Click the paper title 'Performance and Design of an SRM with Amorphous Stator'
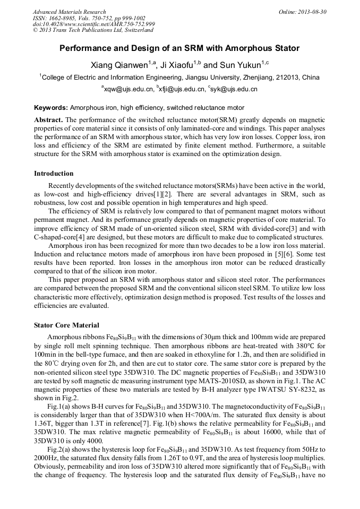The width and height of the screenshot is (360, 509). pyautogui.click(x=179, y=48)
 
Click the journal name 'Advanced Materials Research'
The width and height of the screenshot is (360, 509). pyautogui.click(x=69, y=12)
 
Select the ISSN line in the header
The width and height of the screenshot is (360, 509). pyautogui.click(x=85, y=18)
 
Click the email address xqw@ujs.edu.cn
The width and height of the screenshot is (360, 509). pyautogui.click(x=125, y=90)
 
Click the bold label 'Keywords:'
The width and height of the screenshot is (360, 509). pyautogui.click(x=51, y=107)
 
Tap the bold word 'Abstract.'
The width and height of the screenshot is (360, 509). pyautogui.click(x=48, y=120)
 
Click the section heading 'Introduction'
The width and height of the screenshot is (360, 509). pyautogui.click(x=54, y=173)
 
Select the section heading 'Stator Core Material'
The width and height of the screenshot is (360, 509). pyautogui.click(x=66, y=325)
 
